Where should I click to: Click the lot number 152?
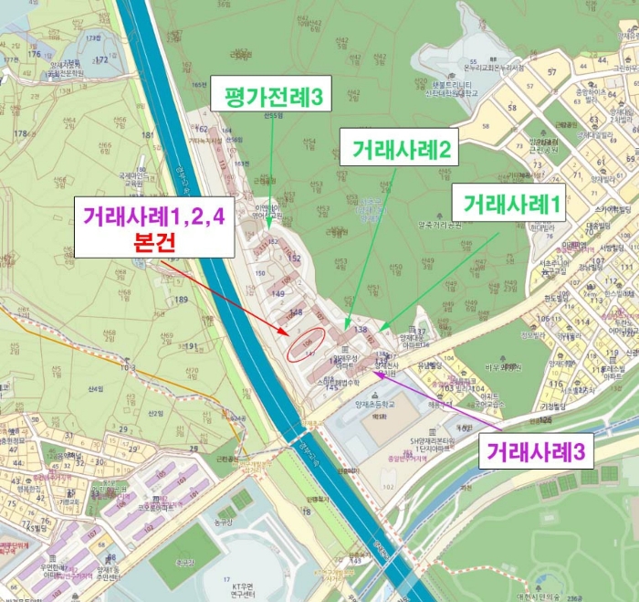click(x=294, y=259)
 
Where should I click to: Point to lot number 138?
click(x=361, y=329)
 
